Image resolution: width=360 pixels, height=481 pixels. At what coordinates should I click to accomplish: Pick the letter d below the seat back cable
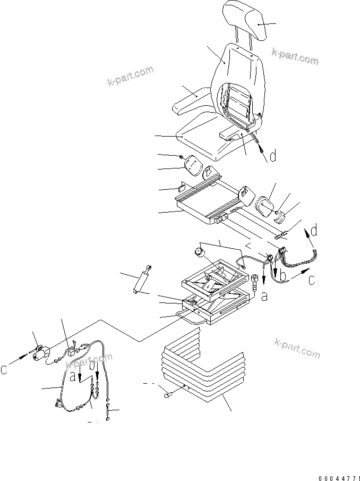272,156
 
